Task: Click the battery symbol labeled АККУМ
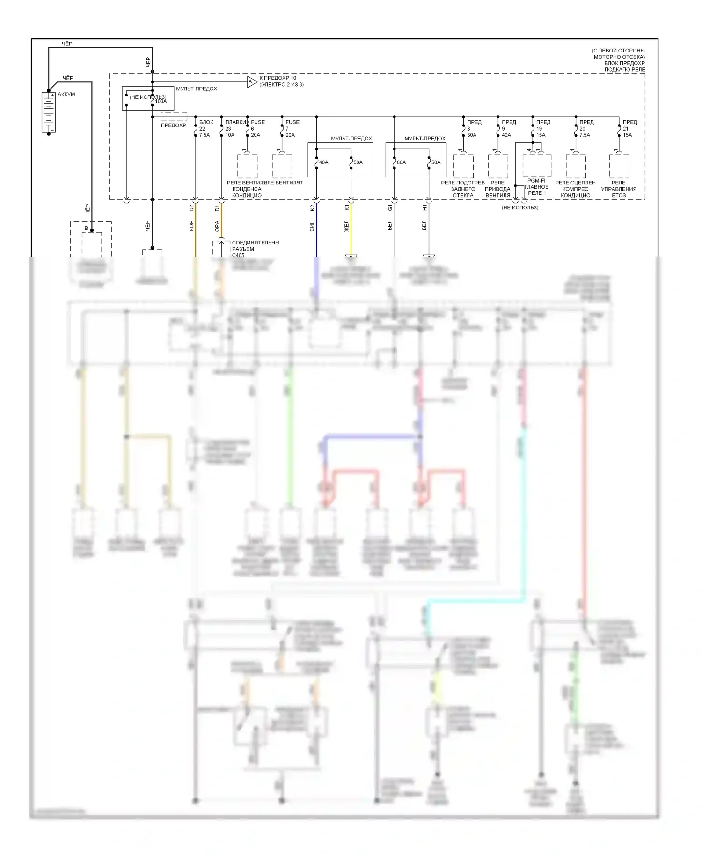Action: point(49,112)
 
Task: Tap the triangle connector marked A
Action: point(252,82)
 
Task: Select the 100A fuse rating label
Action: point(161,101)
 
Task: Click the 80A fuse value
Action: point(402,162)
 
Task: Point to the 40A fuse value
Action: point(324,162)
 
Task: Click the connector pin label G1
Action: point(390,207)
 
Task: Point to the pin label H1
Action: point(424,207)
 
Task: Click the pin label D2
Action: point(191,208)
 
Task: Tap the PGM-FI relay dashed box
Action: point(537,165)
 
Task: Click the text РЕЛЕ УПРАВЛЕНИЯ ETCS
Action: point(619,189)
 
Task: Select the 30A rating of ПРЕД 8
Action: point(472,135)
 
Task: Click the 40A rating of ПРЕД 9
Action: point(506,135)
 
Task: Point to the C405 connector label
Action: point(238,255)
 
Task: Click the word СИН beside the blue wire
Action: point(312,226)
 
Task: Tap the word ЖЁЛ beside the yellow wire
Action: point(347,227)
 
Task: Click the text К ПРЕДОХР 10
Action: point(278,78)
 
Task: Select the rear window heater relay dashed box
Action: point(463,166)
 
